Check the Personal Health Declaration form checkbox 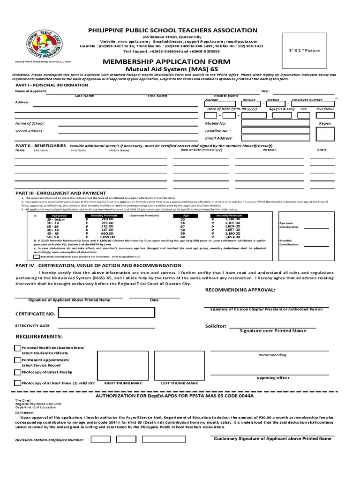click(x=18, y=348)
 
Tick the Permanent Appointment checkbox click(x=18, y=360)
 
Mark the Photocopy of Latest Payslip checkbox click(x=18, y=372)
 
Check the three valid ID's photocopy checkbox click(x=18, y=383)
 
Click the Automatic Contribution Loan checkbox click(x=37, y=257)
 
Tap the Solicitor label click(x=216, y=325)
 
